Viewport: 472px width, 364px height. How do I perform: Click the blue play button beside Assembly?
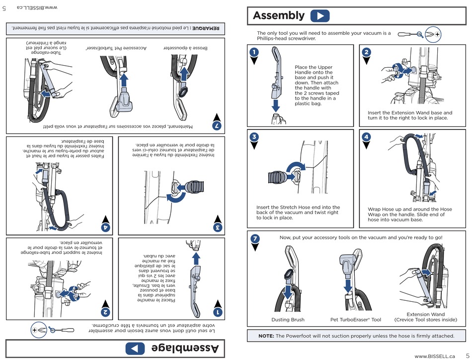click(319, 15)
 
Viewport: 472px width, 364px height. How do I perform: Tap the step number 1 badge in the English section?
click(253, 52)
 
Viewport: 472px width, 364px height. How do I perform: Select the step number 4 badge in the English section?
click(366, 136)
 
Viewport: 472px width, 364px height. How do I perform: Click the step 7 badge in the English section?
click(254, 239)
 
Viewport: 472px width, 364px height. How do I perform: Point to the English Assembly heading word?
click(278, 15)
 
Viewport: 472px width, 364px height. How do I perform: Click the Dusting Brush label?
click(288, 320)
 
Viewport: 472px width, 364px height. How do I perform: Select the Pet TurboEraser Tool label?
click(356, 320)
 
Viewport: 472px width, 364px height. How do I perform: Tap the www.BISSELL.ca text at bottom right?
click(435, 356)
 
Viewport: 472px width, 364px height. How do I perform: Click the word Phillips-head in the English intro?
click(273, 38)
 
